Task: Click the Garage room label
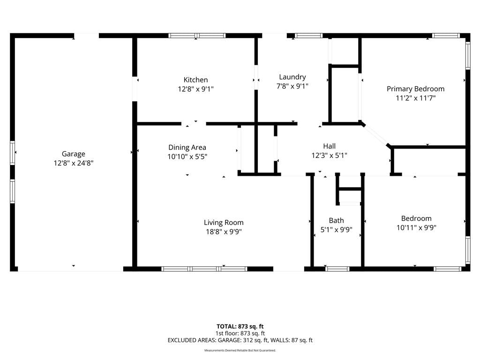pos(74,154)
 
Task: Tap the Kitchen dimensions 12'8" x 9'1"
pos(195,89)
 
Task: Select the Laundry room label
pos(292,77)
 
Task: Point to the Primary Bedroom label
pos(415,89)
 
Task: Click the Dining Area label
pos(187,148)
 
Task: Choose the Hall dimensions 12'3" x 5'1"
pos(330,156)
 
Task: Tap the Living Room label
pos(224,223)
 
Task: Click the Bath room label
pos(337,220)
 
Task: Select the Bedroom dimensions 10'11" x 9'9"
pos(416,228)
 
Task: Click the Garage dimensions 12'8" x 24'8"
pos(74,163)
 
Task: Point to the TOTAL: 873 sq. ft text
pos(240,326)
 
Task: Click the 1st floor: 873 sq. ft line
pos(240,333)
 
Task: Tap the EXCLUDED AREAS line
pos(240,340)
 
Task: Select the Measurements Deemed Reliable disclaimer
pos(240,350)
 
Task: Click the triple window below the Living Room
pos(204,269)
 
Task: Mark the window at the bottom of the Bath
pos(337,269)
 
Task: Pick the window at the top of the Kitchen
pos(197,36)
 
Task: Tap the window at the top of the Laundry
pos(308,36)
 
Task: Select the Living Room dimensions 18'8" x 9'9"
pos(224,232)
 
